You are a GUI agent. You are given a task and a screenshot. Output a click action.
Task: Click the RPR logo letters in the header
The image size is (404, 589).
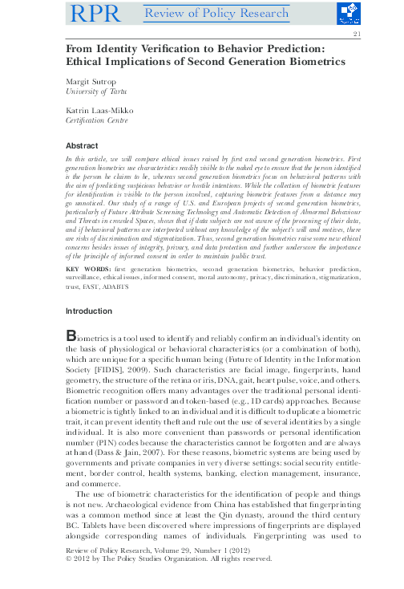pyautogui.click(x=97, y=13)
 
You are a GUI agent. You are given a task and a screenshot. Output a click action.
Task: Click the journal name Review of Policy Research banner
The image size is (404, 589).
pyautogui.click(x=216, y=13)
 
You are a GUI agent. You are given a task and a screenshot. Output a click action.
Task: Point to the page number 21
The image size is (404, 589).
pyautogui.click(x=356, y=35)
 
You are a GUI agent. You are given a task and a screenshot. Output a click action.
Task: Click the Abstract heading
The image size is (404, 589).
pyautogui.click(x=82, y=145)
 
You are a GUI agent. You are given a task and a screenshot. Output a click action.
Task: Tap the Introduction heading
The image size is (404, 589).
pyautogui.click(x=90, y=311)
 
